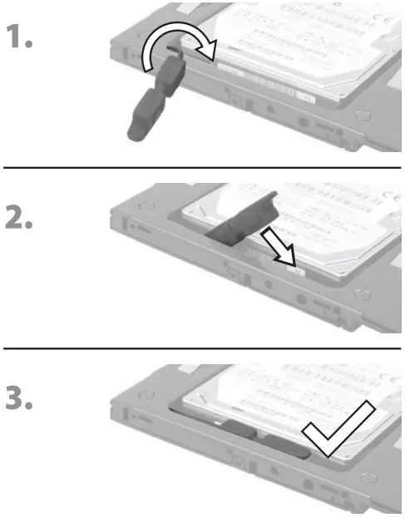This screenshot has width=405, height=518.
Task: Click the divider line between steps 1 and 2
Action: [202, 168]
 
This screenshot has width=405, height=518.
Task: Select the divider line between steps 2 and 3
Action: [202, 348]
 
